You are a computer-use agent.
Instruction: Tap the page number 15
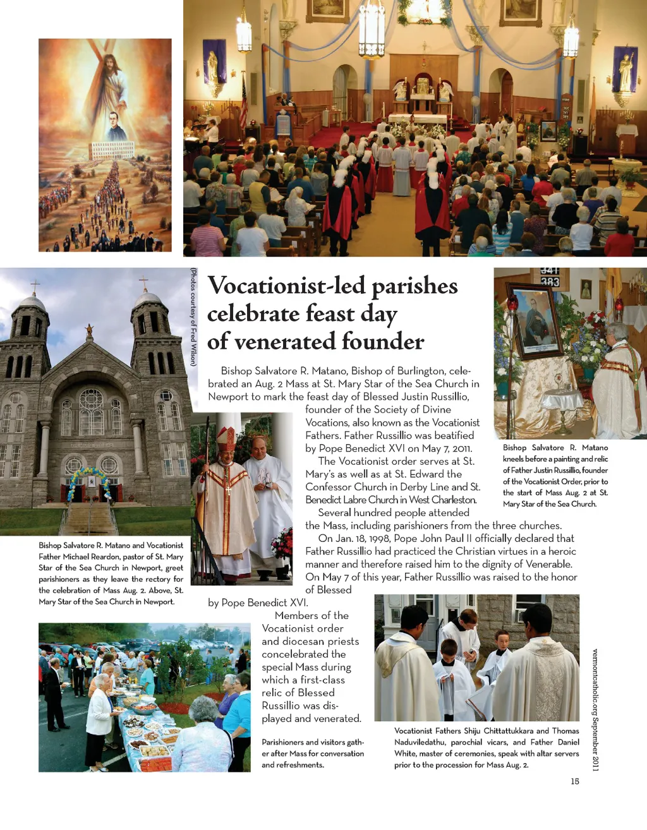tap(574, 781)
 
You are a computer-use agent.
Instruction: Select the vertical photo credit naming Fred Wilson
tap(193, 317)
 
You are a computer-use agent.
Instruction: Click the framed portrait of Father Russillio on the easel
tap(536, 322)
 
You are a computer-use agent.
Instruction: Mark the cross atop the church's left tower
tap(35, 286)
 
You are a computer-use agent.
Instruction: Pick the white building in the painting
tap(112, 150)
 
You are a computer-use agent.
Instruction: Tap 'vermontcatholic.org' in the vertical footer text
tap(595, 682)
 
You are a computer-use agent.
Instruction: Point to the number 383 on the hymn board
tap(549, 282)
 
